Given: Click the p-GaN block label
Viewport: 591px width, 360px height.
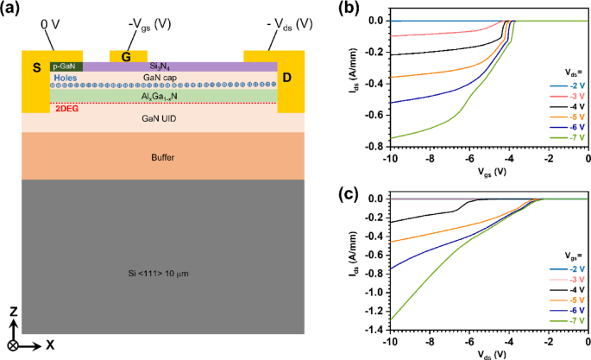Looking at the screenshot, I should point(66,66).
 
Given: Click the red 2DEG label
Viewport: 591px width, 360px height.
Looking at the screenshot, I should point(66,109).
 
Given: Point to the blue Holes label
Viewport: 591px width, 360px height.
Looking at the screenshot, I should point(66,78).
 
